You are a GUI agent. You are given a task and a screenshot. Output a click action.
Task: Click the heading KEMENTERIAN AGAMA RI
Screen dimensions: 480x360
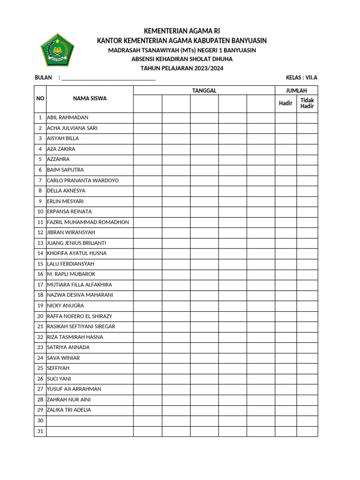(182, 31)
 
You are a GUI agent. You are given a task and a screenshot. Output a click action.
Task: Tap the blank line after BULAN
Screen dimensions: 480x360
(108, 78)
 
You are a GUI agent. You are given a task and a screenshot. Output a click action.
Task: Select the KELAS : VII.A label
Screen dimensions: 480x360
(301, 78)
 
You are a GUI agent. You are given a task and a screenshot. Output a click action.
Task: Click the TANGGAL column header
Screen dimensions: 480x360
(204, 90)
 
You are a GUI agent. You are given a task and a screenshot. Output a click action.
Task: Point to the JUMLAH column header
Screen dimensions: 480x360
(296, 90)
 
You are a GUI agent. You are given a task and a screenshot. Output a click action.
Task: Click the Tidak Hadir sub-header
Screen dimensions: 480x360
(307, 103)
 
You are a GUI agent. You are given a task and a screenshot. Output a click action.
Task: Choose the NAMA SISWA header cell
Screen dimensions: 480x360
(90, 99)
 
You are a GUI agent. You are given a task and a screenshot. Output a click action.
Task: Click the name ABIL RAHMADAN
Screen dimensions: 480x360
(67, 118)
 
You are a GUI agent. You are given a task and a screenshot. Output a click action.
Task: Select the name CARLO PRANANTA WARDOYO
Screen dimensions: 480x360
(83, 180)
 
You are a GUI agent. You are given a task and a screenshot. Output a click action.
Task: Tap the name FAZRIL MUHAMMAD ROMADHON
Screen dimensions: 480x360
(88, 222)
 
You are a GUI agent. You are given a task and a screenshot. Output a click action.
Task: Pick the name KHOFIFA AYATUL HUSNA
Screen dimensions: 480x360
(77, 254)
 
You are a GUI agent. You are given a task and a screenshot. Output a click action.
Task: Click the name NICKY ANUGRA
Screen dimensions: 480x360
(65, 306)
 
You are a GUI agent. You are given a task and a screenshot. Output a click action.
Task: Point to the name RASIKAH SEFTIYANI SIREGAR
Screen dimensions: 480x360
(81, 327)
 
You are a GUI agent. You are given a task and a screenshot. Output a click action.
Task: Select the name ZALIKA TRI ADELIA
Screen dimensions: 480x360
(69, 410)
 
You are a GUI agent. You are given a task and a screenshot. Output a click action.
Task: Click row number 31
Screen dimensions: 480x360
(40, 431)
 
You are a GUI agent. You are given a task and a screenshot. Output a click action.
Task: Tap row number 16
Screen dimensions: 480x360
(40, 274)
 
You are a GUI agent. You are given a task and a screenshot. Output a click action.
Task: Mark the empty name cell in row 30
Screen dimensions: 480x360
(90, 421)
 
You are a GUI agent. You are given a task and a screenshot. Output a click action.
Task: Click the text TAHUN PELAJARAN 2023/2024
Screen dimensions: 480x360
(182, 68)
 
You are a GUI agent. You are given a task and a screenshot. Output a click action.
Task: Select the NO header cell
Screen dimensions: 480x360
(40, 99)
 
